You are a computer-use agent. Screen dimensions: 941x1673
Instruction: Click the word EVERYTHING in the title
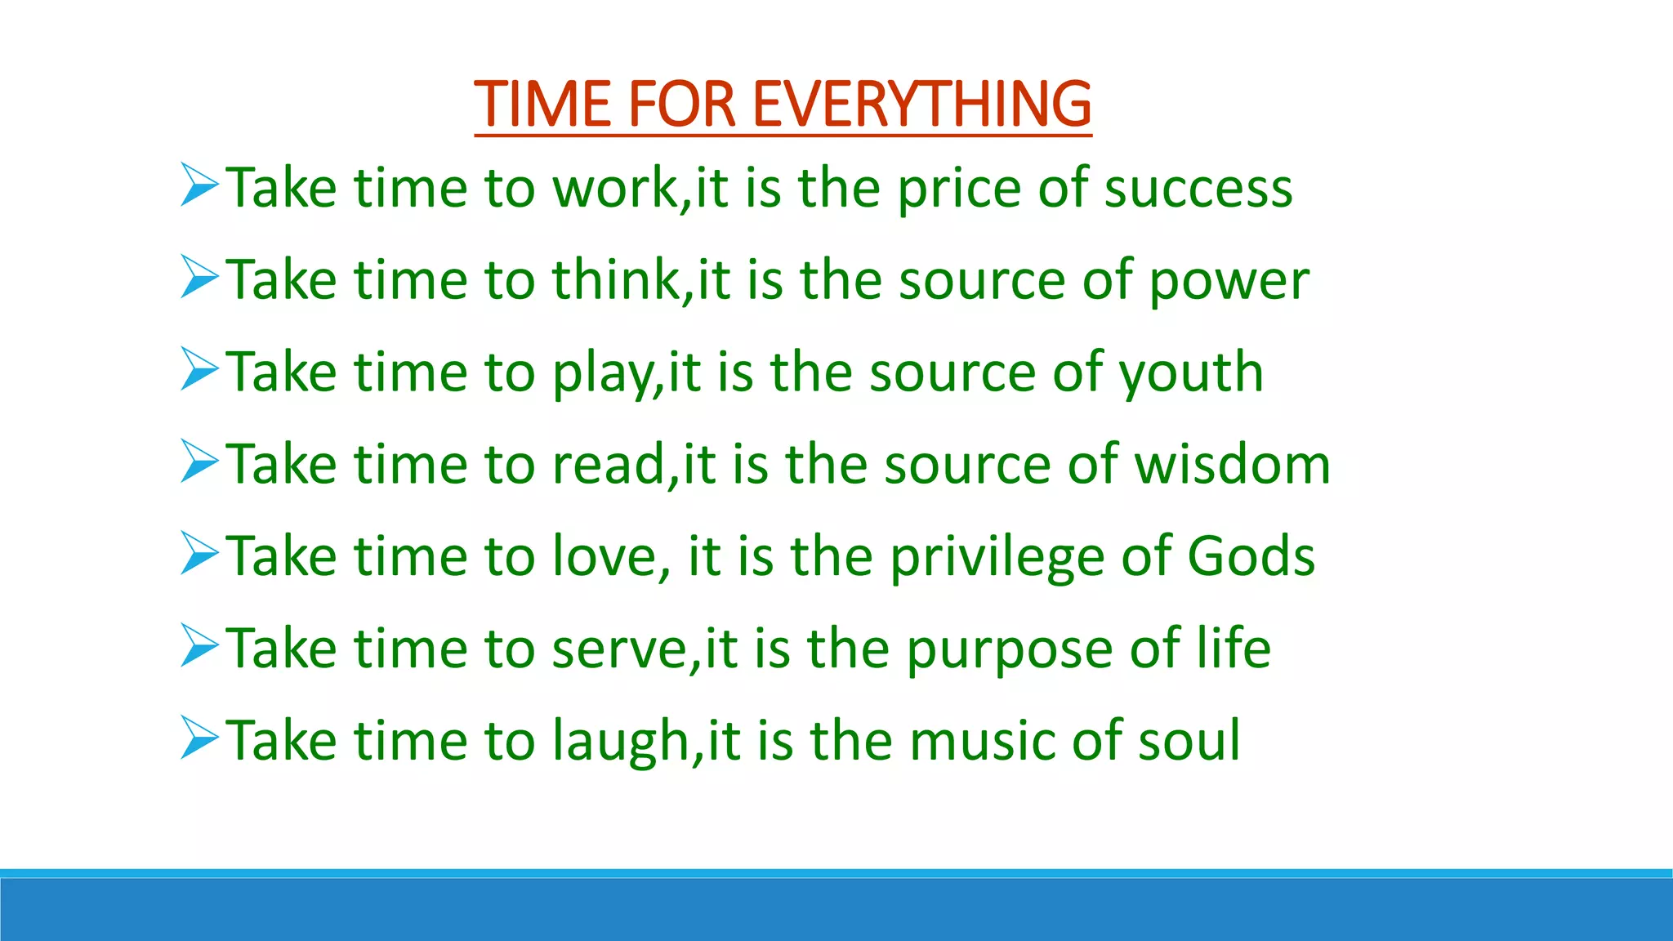[921, 105]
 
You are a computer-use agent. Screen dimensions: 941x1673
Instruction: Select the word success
[1198, 189]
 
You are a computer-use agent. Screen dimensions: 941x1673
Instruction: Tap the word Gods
[1251, 556]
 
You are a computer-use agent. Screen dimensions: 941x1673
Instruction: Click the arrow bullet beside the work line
[199, 185]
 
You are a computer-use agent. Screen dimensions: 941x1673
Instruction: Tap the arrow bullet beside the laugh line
[199, 738]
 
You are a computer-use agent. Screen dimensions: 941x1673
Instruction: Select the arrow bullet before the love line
[199, 553]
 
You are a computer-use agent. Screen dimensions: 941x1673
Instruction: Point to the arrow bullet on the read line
[199, 462]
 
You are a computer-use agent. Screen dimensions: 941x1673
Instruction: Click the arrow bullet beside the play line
[199, 369]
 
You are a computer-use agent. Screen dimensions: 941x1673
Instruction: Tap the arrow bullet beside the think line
[199, 277]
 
